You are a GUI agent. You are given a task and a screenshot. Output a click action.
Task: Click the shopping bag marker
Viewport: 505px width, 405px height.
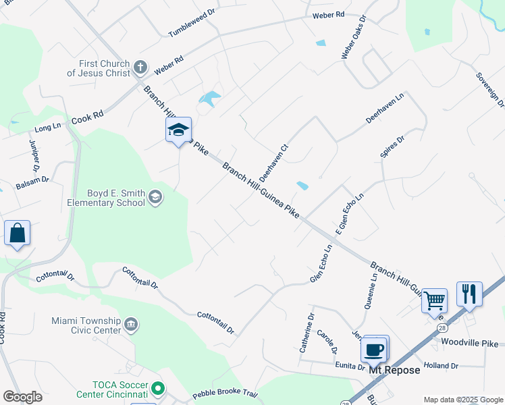17,234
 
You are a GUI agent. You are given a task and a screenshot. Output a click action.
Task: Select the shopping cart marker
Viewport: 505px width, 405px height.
435,300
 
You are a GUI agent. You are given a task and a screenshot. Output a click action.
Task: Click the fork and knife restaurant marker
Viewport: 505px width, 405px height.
469,294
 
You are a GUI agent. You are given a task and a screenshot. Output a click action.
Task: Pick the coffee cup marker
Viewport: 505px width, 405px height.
374,349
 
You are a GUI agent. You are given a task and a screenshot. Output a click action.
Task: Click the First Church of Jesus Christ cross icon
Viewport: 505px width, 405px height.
140,67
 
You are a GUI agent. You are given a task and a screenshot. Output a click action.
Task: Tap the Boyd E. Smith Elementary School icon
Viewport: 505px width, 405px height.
155,196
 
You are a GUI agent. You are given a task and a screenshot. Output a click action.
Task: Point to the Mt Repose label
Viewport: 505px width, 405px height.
394,370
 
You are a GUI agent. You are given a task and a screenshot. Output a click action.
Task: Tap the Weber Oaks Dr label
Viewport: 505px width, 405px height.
353,37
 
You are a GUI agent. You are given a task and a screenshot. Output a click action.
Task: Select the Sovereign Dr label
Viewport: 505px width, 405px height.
489,90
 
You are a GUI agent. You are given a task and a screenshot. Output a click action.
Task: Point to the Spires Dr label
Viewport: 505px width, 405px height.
392,146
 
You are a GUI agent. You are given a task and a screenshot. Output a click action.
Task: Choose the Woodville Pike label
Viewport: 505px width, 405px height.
469,342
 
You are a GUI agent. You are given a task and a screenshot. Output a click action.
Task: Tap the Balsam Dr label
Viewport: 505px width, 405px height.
32,180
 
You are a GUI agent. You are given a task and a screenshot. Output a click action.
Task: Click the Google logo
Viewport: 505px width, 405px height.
22,396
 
